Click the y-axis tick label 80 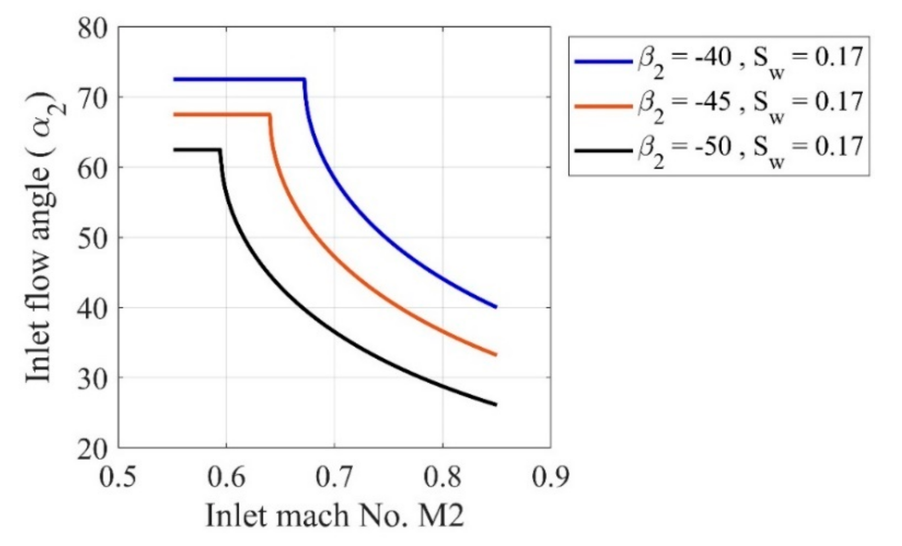93,29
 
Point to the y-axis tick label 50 93,238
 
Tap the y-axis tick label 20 93,449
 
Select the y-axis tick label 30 93,378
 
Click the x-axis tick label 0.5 118,478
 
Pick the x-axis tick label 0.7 334,478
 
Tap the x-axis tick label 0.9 550,478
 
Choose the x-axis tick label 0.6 226,478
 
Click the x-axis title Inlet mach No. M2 334,516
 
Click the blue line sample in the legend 603,62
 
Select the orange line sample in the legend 603,106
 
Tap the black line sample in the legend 603,151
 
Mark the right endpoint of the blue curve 497,307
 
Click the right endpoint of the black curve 497,405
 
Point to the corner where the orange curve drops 269,115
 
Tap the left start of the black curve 174,150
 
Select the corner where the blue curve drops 304,79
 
